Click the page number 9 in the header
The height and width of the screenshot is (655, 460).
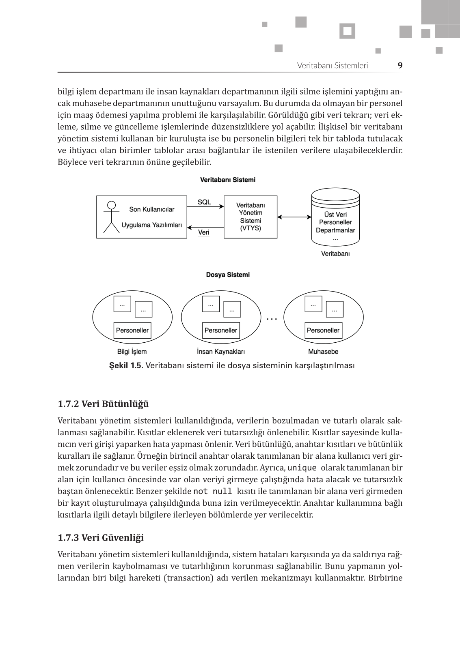[x=400, y=65]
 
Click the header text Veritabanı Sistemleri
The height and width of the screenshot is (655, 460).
[x=332, y=65]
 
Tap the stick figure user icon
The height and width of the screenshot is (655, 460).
[x=111, y=217]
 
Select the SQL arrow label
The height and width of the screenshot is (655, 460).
[x=204, y=202]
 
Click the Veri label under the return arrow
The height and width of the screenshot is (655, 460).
[x=204, y=232]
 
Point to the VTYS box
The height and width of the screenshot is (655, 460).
[x=251, y=217]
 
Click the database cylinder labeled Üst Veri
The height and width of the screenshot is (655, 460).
[x=335, y=217]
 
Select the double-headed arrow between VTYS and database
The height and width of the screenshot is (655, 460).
[x=294, y=217]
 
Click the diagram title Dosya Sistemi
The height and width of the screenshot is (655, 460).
[x=228, y=275]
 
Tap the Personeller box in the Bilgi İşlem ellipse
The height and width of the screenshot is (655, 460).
[x=132, y=330]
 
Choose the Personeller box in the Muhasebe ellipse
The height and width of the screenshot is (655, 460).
[x=323, y=330]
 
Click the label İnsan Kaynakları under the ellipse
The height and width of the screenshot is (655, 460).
[x=220, y=352]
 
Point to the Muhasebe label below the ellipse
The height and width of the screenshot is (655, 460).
[x=323, y=352]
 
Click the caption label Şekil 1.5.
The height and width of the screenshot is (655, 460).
[x=126, y=365]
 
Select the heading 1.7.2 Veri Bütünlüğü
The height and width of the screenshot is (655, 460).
[x=103, y=404]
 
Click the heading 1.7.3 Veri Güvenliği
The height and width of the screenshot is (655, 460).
[x=101, y=538]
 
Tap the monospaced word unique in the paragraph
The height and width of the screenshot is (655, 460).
[x=302, y=468]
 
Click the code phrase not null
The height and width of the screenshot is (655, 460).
[x=213, y=491]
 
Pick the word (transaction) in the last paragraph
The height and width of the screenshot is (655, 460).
[x=188, y=578]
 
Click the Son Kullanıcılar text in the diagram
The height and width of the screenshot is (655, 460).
[x=151, y=209]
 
